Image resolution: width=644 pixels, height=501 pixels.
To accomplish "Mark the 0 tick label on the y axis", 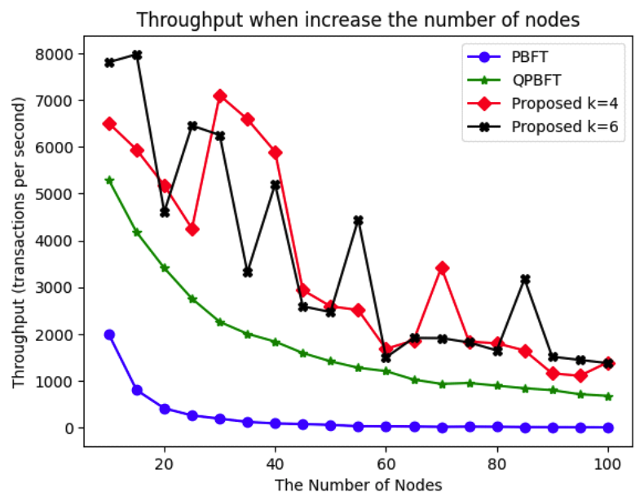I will [68, 428].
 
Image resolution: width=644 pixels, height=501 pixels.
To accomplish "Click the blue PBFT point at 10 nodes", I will [109, 335].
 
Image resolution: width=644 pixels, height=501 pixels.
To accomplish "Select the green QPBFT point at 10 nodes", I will [109, 180].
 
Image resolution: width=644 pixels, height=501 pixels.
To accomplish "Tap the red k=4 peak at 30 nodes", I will [220, 96].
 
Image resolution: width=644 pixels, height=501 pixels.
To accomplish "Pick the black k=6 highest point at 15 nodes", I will [137, 55].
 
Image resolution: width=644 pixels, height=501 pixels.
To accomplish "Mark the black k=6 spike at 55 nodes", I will [358, 220].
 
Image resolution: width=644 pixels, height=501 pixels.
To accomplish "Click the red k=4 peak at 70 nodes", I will [441, 268].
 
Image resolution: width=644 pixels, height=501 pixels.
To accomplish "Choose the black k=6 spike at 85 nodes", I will [524, 279].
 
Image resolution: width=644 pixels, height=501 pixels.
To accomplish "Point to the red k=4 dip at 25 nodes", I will [192, 229].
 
